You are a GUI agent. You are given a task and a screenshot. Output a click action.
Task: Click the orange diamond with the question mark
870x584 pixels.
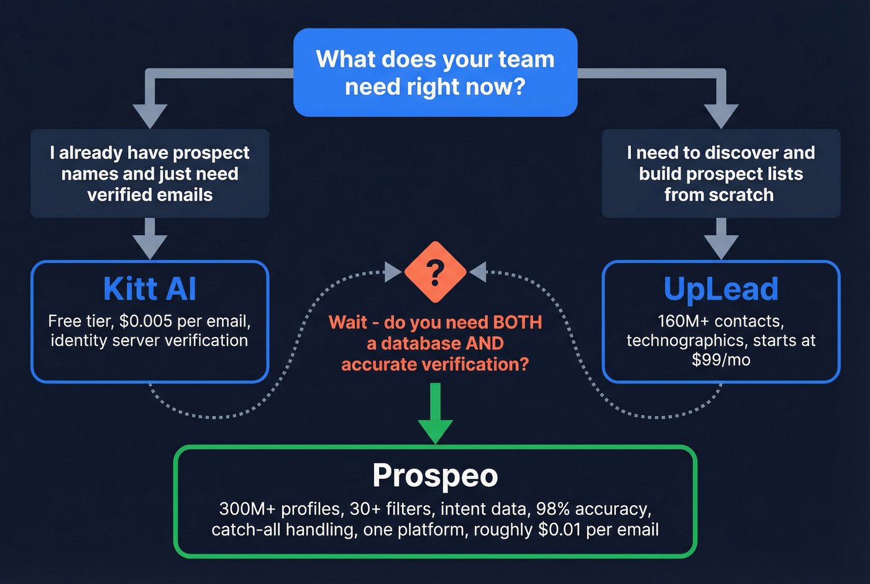click(435, 272)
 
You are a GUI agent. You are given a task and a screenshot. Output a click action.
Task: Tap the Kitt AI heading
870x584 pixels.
click(150, 289)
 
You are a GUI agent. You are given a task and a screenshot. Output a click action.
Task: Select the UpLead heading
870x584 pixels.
click(721, 289)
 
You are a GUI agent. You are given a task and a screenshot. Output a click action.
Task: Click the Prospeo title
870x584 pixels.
click(435, 476)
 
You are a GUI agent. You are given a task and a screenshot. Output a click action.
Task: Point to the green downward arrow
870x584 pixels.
click(435, 417)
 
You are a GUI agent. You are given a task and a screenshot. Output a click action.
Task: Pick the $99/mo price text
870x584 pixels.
click(721, 360)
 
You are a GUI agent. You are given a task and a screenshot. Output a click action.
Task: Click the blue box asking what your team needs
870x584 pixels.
click(435, 73)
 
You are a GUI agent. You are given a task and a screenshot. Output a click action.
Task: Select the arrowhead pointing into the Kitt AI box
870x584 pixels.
click(150, 247)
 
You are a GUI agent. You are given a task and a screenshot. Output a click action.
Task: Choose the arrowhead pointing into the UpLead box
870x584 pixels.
click(721, 247)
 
